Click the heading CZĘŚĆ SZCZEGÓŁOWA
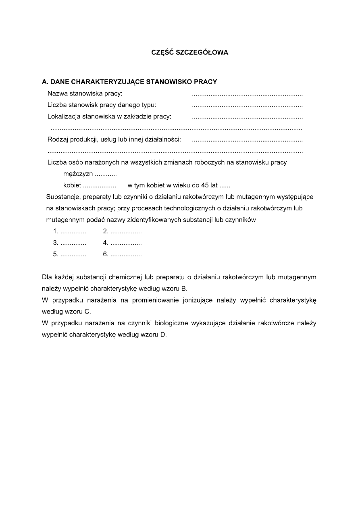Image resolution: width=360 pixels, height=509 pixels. pos(189,52)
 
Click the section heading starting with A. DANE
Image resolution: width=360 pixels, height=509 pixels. pos(129,82)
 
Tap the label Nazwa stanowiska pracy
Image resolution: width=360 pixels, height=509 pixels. pos(85,94)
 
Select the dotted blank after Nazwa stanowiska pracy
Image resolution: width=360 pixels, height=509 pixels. pos(247,95)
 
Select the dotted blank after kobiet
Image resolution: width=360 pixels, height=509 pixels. pos(99,186)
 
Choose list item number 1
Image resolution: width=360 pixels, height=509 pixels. pos(70,232)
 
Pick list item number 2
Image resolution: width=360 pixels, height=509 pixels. pos(122,232)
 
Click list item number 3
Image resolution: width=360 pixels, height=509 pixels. pos(70,243)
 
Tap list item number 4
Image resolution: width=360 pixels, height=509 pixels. pos(122,243)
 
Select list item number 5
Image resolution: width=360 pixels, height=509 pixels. pos(70,255)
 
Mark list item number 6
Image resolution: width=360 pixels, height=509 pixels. pos(122,255)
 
